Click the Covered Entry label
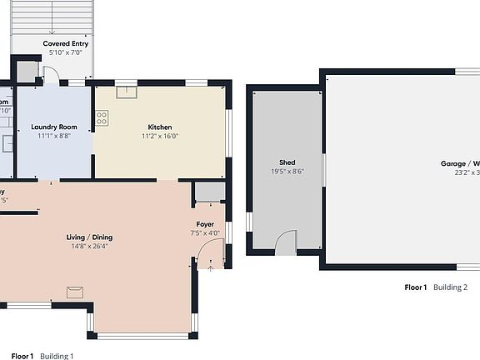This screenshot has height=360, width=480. click(65, 43)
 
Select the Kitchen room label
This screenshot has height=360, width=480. click(159, 127)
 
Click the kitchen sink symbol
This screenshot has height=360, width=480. click(127, 92)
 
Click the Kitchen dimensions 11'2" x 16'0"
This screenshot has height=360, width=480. click(159, 136)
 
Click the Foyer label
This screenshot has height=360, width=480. click(206, 225)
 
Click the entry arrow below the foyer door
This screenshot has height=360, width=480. click(211, 267)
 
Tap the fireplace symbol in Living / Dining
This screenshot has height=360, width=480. click(76, 291)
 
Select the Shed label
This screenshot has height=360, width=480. click(287, 162)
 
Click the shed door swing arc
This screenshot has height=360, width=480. click(286, 242)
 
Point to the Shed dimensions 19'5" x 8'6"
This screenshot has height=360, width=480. click(287, 172)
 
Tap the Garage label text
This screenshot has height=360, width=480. click(460, 164)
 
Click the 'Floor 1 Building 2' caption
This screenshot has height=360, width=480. click(436, 287)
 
